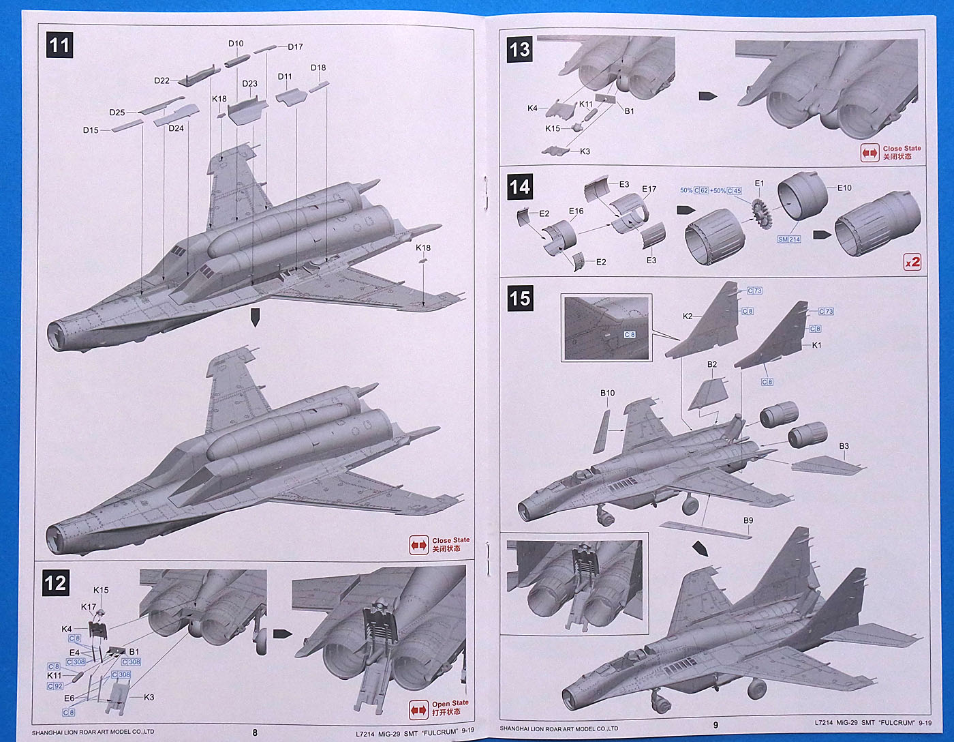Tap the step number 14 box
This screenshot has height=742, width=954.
[519, 187]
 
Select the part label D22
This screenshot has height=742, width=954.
[161, 80]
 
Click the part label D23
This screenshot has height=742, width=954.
[249, 84]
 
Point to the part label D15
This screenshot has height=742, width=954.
[91, 130]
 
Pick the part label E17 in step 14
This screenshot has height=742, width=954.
[649, 189]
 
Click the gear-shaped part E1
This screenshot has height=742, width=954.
[761, 212]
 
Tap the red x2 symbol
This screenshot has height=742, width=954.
[912, 261]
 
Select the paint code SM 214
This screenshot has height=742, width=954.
[789, 239]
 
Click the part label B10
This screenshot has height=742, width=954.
[607, 393]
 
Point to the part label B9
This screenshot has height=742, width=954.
[748, 520]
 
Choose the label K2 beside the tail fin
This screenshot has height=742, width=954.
[688, 316]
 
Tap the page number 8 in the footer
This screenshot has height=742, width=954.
[255, 732]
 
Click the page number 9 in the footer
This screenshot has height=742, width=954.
[715, 725]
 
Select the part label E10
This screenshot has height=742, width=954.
[844, 188]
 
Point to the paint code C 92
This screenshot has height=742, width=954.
[55, 686]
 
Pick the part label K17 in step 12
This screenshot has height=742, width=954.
[89, 607]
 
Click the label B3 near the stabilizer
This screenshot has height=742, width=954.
[844, 447]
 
